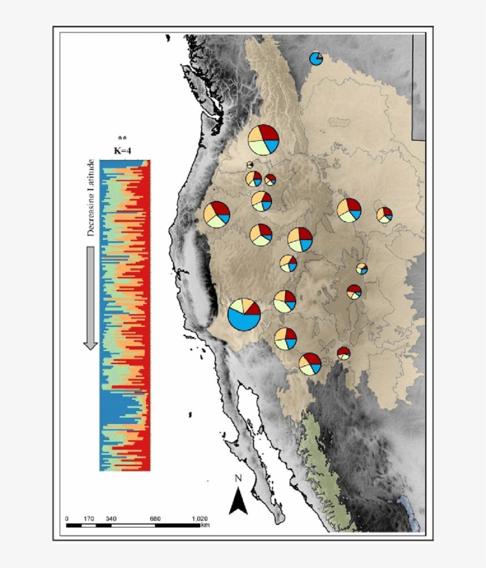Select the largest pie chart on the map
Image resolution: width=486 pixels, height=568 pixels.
pyautogui.click(x=244, y=314)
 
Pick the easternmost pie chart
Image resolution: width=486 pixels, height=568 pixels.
pyautogui.click(x=384, y=214)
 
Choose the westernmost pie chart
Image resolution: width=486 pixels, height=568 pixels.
pyautogui.click(x=216, y=214)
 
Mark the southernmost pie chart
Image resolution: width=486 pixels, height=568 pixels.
pyautogui.click(x=310, y=364)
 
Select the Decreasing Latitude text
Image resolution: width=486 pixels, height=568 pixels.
pyautogui.click(x=91, y=198)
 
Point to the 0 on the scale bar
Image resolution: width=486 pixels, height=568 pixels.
pyautogui.click(x=66, y=519)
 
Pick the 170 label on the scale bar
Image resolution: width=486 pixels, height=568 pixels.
pyautogui.click(x=88, y=519)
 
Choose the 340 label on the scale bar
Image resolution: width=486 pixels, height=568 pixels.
pyautogui.click(x=110, y=519)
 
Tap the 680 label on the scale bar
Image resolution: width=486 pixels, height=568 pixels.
pyautogui.click(x=155, y=519)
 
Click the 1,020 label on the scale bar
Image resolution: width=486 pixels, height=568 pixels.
pyautogui.click(x=199, y=519)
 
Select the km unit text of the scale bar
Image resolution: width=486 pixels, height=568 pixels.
pyautogui.click(x=205, y=525)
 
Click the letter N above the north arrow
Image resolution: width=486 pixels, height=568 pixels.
pyautogui.click(x=238, y=478)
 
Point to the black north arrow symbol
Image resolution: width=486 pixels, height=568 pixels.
pyautogui.click(x=238, y=500)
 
